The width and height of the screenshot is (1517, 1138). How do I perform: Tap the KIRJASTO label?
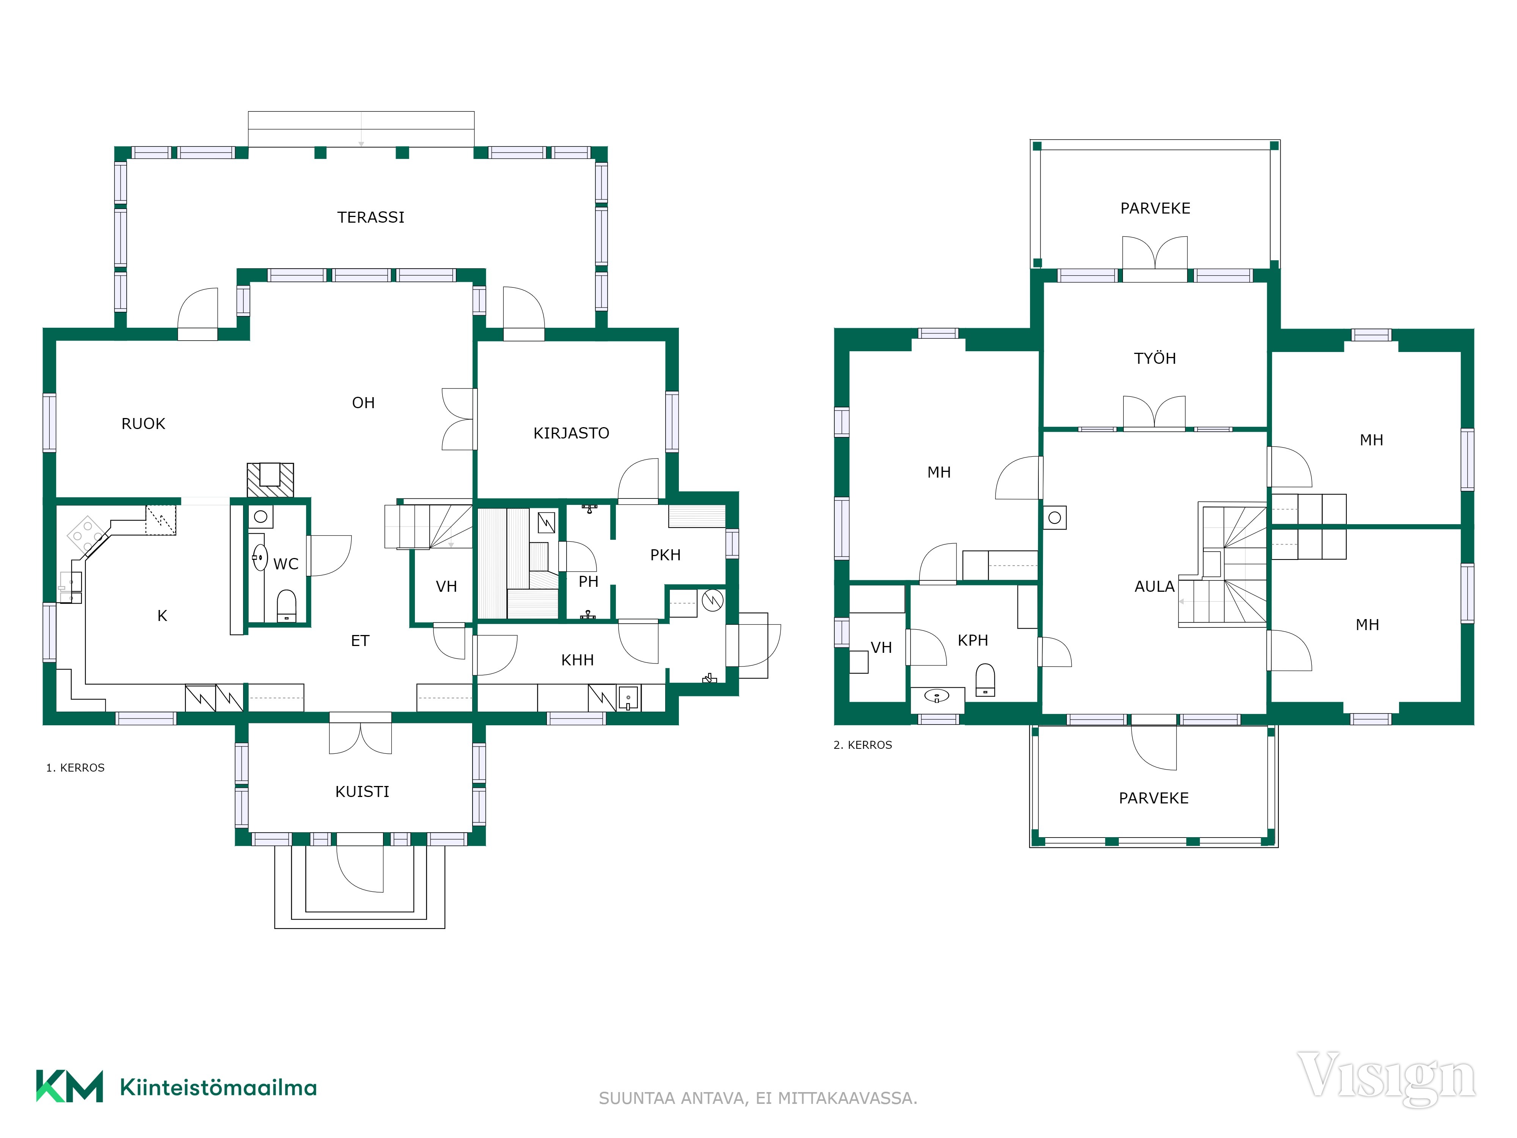pyautogui.click(x=571, y=433)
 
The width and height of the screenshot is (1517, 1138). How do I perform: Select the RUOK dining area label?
pyautogui.click(x=143, y=424)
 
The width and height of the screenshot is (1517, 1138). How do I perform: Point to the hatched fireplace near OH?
pyautogui.click(x=270, y=479)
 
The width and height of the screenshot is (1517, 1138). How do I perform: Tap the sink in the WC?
pyautogui.click(x=259, y=558)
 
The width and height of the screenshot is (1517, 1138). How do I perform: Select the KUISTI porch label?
pyautogui.click(x=362, y=792)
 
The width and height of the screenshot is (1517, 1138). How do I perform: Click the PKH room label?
pyautogui.click(x=665, y=555)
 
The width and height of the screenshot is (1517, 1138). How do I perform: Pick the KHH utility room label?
pyautogui.click(x=578, y=660)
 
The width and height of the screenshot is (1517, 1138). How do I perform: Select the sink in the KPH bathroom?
pyautogui.click(x=937, y=696)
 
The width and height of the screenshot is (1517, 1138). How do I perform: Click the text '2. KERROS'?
pyautogui.click(x=863, y=745)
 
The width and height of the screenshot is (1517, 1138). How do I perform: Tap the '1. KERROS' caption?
pyautogui.click(x=75, y=768)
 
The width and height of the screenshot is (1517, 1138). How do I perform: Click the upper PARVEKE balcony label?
pyautogui.click(x=1155, y=209)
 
